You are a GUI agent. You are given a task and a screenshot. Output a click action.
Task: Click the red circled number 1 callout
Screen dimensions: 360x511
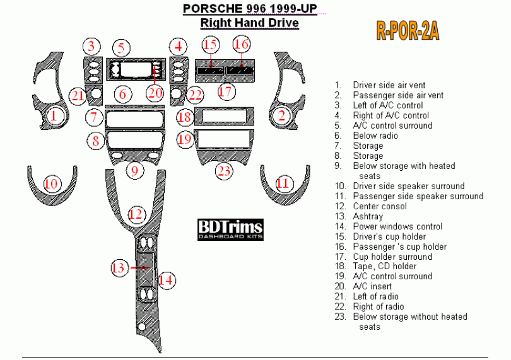[x=54, y=115]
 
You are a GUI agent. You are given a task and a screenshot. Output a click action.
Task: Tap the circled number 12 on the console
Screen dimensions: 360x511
[x=136, y=214]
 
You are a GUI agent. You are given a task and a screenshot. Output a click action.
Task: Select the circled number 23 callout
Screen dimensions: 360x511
[x=224, y=170]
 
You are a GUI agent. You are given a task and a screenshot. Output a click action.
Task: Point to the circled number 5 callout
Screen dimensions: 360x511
[x=122, y=47]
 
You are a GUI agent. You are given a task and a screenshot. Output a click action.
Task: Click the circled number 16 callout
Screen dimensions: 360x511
[x=242, y=44]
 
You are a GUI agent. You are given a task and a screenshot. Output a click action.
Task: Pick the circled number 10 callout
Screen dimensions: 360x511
[x=52, y=183]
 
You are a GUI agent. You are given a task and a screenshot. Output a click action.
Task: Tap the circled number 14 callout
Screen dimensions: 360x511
[x=166, y=279]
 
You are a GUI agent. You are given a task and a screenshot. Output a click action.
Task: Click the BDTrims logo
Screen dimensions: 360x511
[x=230, y=229]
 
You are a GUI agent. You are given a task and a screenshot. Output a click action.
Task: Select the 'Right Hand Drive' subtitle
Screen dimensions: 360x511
[x=249, y=23]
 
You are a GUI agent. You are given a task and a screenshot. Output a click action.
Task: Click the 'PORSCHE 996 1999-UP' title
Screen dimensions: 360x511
[x=250, y=9]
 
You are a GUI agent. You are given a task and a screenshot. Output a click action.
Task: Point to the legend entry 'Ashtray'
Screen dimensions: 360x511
[x=368, y=216]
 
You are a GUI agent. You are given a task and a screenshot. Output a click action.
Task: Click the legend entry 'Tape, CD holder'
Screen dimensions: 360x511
[x=384, y=266]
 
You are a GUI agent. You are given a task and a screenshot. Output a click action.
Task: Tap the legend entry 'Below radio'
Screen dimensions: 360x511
[x=375, y=136]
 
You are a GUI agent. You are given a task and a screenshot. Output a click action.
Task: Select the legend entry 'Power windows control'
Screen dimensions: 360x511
[x=397, y=226]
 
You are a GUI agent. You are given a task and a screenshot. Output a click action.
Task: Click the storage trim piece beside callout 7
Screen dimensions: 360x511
[x=134, y=119]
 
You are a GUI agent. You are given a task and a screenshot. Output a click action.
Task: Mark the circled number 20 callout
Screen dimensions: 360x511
[x=155, y=92]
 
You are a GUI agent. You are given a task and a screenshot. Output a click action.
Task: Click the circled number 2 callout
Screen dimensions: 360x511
[x=281, y=115]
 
